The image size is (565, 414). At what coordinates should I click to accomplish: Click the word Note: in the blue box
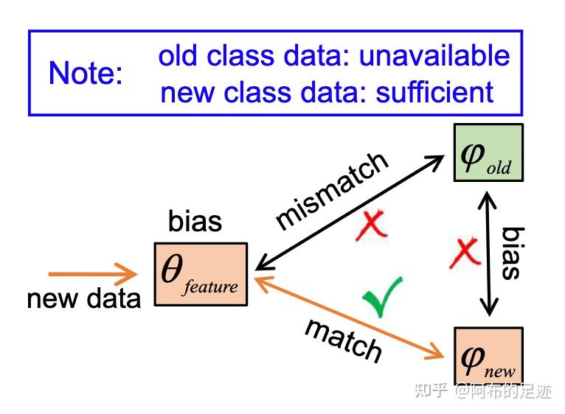click(86, 74)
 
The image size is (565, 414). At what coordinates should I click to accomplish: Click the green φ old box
click(488, 152)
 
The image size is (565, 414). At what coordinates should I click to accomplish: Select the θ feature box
click(201, 274)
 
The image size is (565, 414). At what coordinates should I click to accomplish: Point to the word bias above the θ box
click(195, 221)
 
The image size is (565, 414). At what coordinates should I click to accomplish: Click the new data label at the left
click(83, 298)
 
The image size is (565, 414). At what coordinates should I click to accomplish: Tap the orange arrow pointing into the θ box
click(92, 275)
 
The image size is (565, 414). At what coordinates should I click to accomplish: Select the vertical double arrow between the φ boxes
click(488, 253)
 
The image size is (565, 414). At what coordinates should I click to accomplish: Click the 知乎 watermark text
click(431, 390)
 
